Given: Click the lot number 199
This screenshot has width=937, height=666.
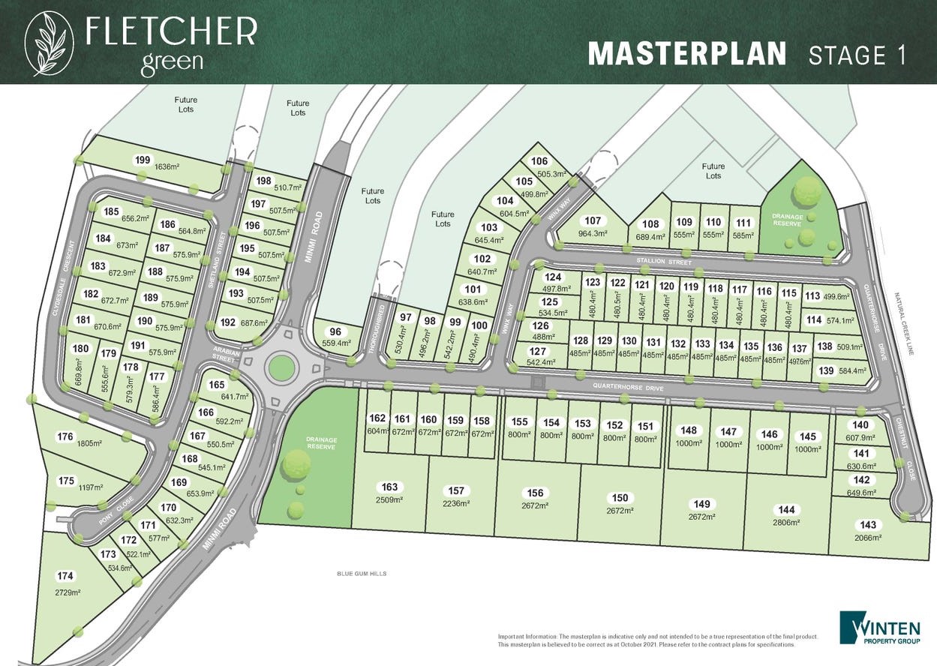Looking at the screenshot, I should point(142,159).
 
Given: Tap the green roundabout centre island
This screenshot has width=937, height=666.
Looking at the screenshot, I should point(281,367).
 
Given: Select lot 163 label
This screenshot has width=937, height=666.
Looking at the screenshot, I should point(389,487).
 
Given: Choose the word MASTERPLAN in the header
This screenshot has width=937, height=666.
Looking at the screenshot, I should point(686,54).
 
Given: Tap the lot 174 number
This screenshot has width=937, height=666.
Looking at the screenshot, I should point(65,576).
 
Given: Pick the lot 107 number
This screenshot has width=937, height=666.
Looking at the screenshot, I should point(593,220).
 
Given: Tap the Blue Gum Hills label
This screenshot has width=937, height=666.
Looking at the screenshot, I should point(362,574).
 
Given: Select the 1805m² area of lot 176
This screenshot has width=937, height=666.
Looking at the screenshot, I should point(89,443).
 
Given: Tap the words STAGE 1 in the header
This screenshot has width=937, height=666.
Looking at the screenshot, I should point(857,55).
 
